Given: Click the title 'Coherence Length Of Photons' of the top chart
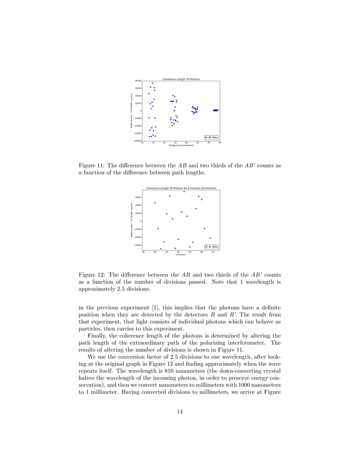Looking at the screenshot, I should [x=181, y=78].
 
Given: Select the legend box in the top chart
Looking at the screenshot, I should [x=212, y=137].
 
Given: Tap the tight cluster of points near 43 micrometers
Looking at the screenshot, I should [x=215, y=110].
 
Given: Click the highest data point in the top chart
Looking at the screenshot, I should [x=152, y=83].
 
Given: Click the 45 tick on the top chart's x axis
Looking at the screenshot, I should [x=219, y=143].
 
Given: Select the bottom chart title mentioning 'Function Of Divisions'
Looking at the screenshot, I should [x=181, y=188].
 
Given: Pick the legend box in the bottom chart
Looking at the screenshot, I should [x=212, y=247].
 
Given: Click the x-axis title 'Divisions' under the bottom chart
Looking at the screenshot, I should [x=181, y=255].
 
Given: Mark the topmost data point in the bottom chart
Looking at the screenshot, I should [x=184, y=192].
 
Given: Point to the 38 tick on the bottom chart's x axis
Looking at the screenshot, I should [x=143, y=252].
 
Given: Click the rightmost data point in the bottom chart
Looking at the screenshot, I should [x=210, y=238].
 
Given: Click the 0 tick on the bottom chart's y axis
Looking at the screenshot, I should [x=141, y=221].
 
